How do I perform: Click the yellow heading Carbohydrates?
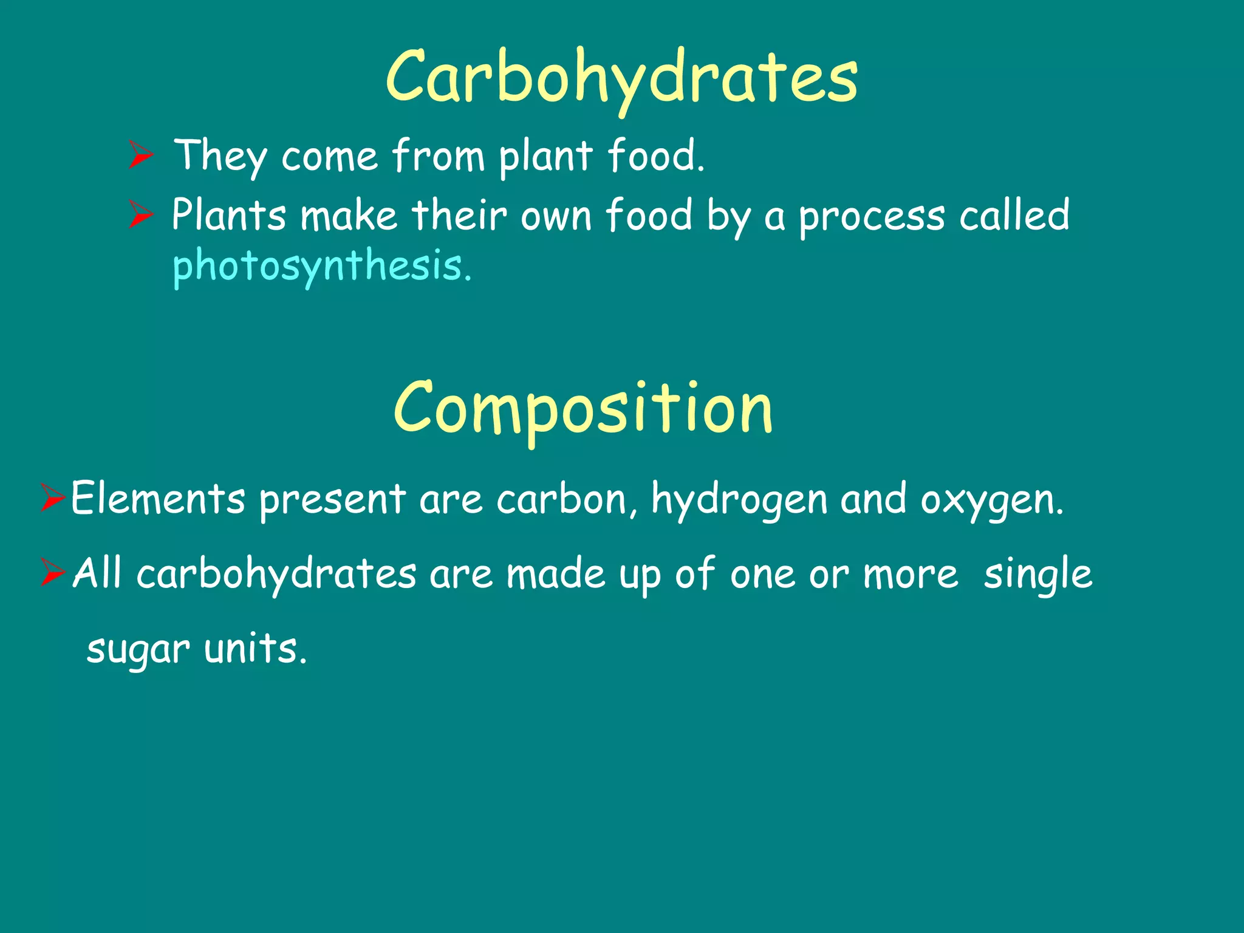coord(621,78)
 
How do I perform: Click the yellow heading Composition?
coord(583,408)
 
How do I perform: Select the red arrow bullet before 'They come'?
coord(141,155)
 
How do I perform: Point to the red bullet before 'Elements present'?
coord(53,498)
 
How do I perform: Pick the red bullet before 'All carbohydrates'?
coord(53,573)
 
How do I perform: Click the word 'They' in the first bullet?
coord(220,156)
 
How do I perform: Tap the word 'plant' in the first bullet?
coord(545,156)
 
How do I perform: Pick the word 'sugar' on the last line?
coord(138,649)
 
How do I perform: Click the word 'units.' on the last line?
coord(255,648)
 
